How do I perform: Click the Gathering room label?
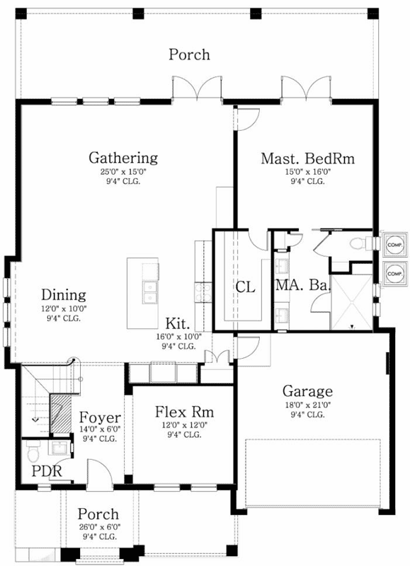123,157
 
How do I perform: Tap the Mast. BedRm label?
307,158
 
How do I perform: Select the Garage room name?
308,391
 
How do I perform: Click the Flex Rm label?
184,412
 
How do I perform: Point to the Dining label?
63,295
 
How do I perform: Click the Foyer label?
99,417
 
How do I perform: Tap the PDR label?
47,471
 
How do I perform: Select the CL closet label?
245,287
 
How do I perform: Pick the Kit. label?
178,323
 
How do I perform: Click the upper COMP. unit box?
394,244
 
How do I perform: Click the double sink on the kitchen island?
150,291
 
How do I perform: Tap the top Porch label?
189,54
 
